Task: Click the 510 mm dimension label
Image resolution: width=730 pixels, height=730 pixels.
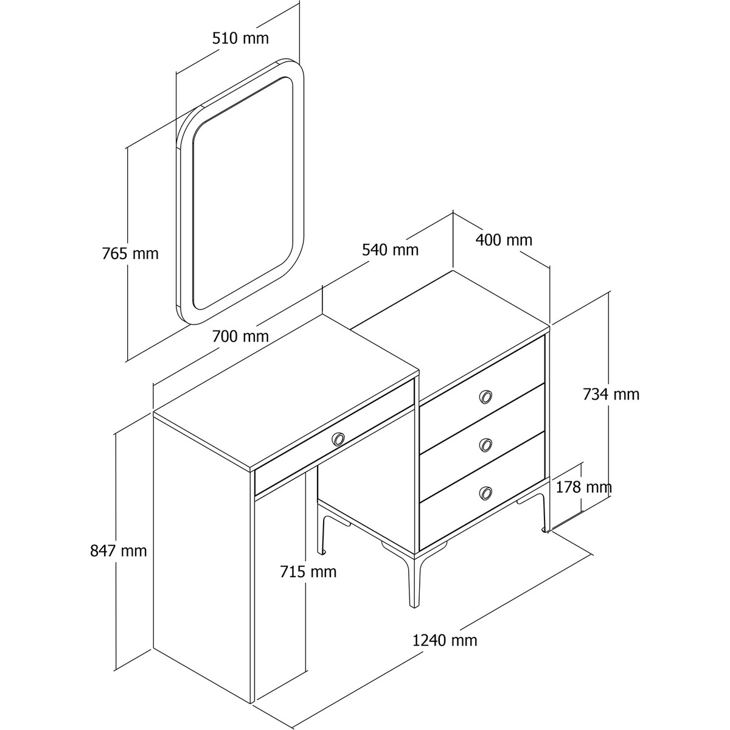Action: click(240, 38)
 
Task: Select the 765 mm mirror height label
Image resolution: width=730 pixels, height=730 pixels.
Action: click(130, 254)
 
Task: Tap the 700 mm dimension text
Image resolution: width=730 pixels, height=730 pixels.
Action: click(240, 336)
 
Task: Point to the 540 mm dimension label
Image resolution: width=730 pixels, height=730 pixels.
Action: click(390, 249)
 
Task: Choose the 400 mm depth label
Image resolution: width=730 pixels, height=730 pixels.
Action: click(504, 240)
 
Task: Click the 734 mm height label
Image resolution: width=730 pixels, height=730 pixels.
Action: click(611, 394)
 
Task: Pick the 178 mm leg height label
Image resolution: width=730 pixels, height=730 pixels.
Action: click(583, 487)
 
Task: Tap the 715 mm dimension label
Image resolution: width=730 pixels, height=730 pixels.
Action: click(308, 572)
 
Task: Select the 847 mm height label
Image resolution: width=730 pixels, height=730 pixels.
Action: click(118, 551)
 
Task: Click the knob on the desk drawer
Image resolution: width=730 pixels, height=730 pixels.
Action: click(338, 439)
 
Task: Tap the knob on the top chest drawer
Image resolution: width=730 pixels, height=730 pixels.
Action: click(485, 396)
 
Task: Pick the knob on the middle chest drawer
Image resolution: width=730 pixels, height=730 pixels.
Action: click(485, 444)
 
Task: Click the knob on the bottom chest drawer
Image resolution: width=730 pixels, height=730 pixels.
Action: click(485, 492)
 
